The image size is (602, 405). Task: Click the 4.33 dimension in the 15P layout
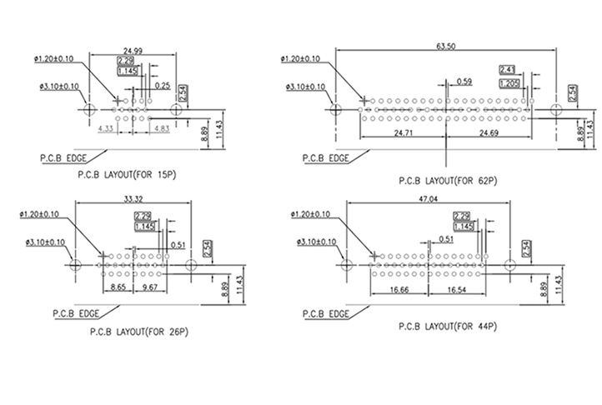click(x=106, y=128)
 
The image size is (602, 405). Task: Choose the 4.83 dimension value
click(x=162, y=128)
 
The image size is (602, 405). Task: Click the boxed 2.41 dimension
click(x=509, y=69)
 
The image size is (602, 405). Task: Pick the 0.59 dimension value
click(x=465, y=82)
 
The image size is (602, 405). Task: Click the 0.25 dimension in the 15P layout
click(x=162, y=86)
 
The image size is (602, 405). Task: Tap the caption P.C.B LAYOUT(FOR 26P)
click(x=133, y=332)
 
